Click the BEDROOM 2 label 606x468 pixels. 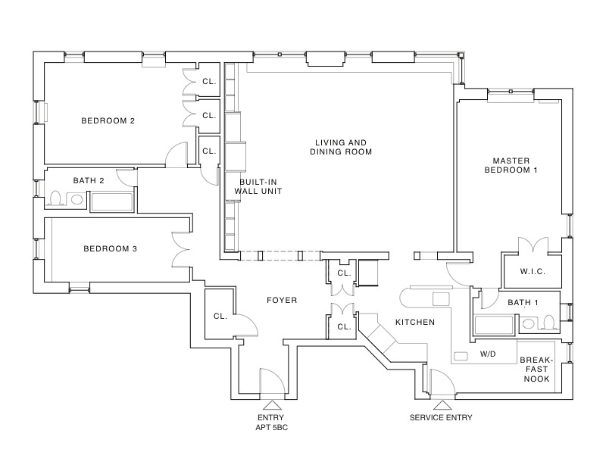coord(108,120)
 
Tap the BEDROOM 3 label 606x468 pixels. coord(110,248)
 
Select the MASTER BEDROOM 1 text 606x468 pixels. coord(514,165)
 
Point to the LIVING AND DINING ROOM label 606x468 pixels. coord(341,147)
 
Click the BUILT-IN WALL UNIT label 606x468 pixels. coord(261,187)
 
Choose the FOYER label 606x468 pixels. coord(282,300)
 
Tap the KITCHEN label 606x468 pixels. coord(414,322)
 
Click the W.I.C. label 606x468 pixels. coord(533,271)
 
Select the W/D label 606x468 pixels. coord(488,354)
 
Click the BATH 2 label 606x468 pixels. coord(89,180)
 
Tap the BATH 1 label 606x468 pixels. coord(522,303)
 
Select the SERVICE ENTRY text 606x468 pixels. coord(441,417)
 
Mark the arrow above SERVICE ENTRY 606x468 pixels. coord(440,404)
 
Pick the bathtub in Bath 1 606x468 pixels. coord(495,326)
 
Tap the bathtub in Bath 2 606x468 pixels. coord(111,201)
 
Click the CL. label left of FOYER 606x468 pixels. coord(220,316)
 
